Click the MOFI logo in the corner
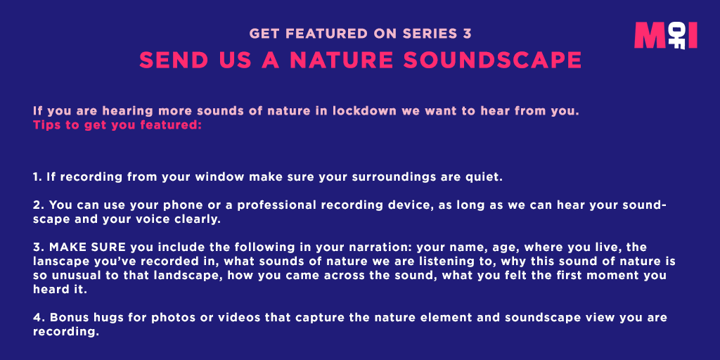point(665,36)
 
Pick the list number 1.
point(37,176)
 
